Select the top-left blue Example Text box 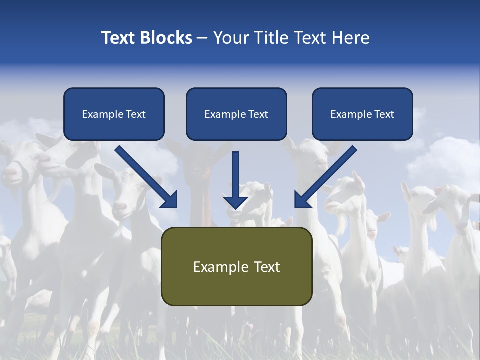click(x=114, y=114)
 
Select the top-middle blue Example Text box click(x=236, y=114)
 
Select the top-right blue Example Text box click(x=362, y=114)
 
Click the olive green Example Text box click(x=236, y=266)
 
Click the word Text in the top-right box click(x=384, y=114)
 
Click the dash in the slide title click(x=202, y=38)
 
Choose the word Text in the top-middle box click(x=258, y=114)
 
